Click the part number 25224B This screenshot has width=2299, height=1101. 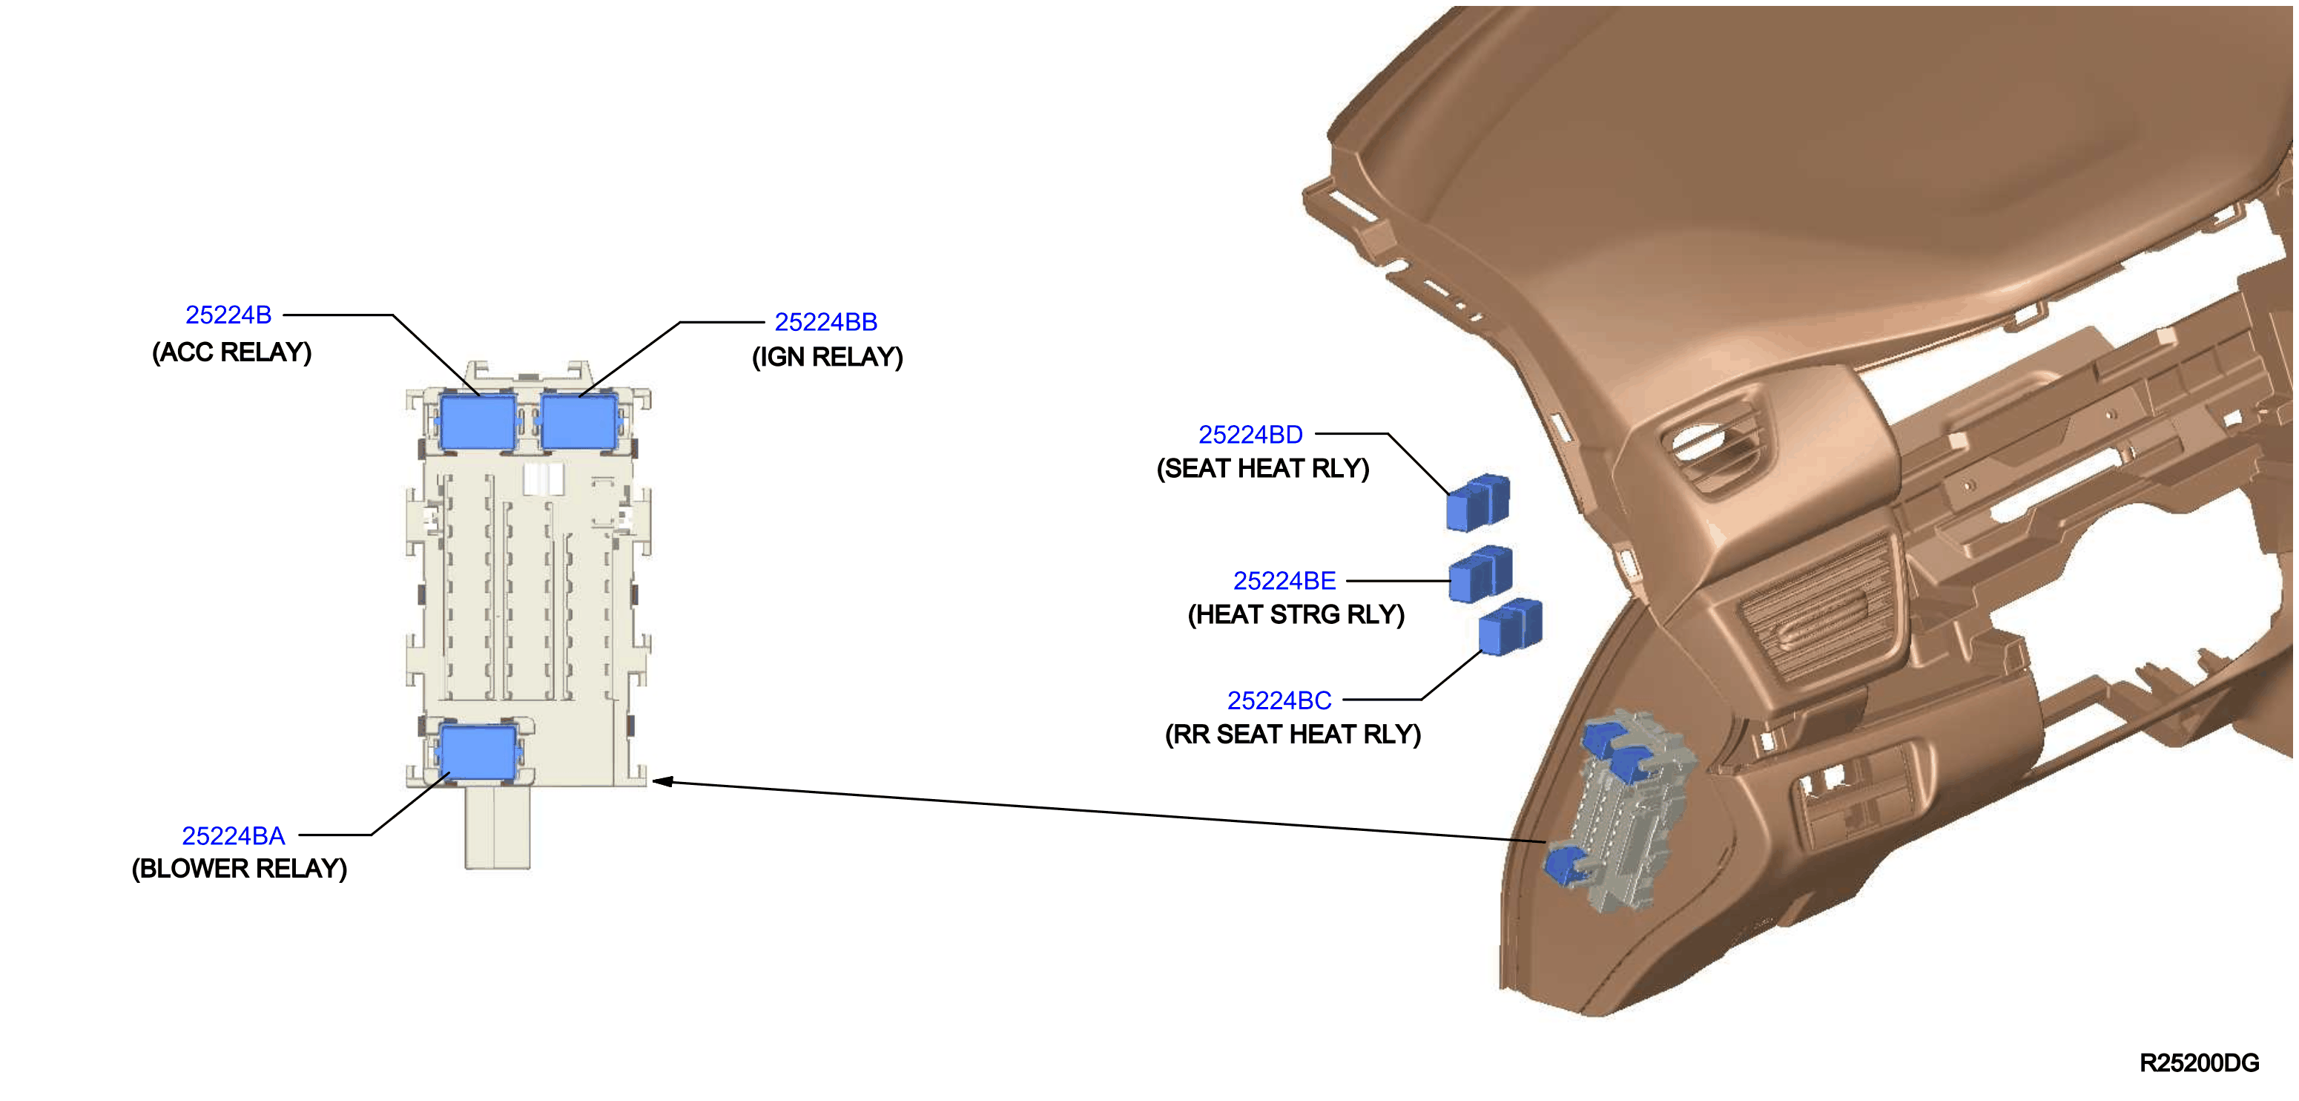pyautogui.click(x=228, y=315)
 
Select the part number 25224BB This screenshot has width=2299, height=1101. pyautogui.click(x=825, y=321)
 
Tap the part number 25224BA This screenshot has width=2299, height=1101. pyautogui.click(x=233, y=836)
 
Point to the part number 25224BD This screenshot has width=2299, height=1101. pyautogui.click(x=1250, y=435)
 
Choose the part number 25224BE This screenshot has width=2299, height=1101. pyautogui.click(x=1284, y=582)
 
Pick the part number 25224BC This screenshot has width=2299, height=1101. pyautogui.click(x=1279, y=701)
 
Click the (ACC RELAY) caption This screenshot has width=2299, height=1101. pyautogui.click(x=232, y=352)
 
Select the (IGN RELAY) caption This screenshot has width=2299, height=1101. pyautogui.click(x=828, y=357)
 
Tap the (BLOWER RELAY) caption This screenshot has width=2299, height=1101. pyautogui.click(x=240, y=869)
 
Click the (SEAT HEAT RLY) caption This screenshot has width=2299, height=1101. pyautogui.click(x=1263, y=469)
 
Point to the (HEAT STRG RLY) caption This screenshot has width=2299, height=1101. pyautogui.click(x=1296, y=615)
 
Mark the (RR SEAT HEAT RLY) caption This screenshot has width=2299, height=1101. pyautogui.click(x=1293, y=735)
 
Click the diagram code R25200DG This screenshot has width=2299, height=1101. pyautogui.click(x=2199, y=1062)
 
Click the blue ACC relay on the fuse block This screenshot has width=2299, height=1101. pyautogui.click(x=478, y=421)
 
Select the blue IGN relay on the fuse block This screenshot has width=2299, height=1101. pyautogui.click(x=579, y=421)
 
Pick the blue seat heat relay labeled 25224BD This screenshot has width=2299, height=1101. pyautogui.click(x=1478, y=503)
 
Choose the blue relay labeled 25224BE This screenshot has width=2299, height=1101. pyautogui.click(x=1480, y=574)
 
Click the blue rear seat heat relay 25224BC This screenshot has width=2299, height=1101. pyautogui.click(x=1510, y=627)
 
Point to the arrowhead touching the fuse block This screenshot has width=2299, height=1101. pyautogui.click(x=662, y=781)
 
